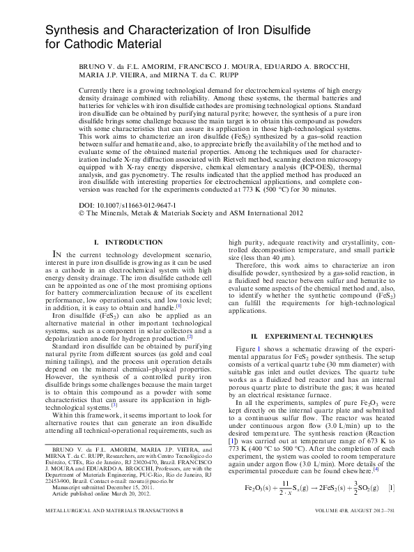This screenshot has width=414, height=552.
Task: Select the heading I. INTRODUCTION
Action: pos(123,242)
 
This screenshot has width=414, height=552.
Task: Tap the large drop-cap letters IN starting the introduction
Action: pos(60,256)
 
